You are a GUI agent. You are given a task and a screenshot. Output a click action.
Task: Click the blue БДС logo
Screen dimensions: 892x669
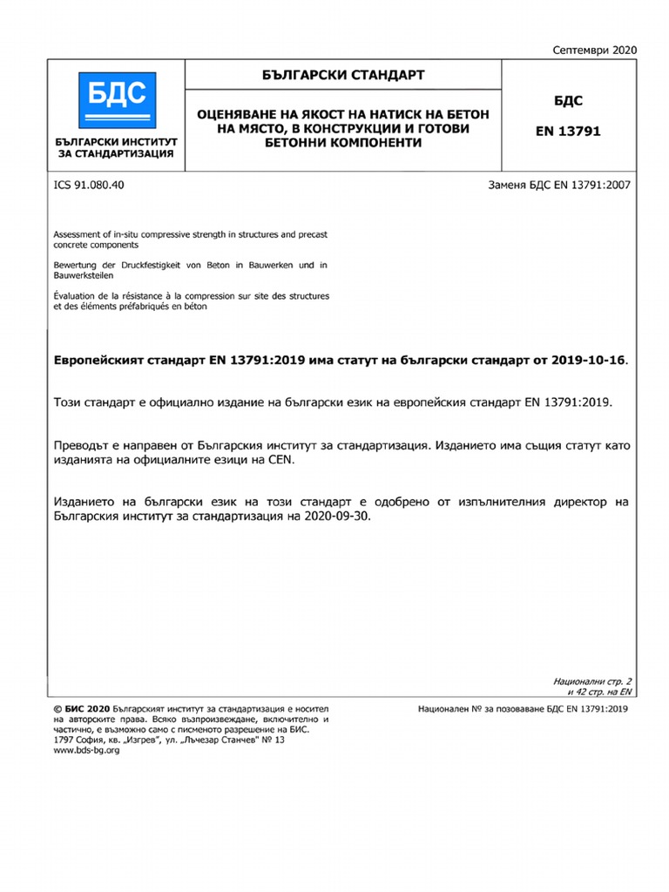click(114, 97)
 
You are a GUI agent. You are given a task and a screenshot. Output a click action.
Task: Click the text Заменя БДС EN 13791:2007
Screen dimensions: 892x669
click(559, 185)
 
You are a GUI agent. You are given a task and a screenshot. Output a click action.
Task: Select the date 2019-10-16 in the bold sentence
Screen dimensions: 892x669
click(588, 361)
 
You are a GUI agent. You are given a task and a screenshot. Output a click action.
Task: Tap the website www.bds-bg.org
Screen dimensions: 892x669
click(87, 750)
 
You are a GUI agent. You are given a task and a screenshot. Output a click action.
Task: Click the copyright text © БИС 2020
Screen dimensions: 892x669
click(81, 710)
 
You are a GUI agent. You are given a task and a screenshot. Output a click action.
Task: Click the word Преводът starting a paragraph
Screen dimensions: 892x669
click(83, 444)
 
